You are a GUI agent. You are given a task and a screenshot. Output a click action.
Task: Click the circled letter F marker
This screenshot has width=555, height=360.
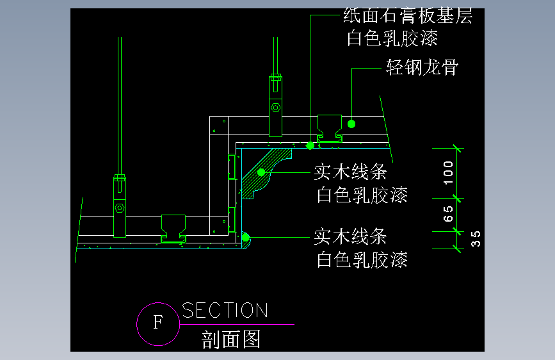point(157,322)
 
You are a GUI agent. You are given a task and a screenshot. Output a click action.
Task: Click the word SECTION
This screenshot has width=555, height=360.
point(225,311)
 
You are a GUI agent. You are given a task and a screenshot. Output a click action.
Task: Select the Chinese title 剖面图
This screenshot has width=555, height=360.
point(231,339)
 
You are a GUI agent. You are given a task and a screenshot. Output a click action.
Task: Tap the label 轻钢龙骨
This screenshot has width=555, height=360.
point(422,67)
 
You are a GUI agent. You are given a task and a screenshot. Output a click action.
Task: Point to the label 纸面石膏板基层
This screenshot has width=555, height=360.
point(408,16)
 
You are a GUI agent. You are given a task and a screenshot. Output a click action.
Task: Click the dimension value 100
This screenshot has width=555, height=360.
point(449,172)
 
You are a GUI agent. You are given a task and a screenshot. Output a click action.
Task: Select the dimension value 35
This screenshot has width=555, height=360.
point(475,239)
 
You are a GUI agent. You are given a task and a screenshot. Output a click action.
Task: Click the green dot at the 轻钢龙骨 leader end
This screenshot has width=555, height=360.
point(351,123)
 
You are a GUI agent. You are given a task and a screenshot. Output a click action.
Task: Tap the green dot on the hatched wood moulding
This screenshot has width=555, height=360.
point(261,172)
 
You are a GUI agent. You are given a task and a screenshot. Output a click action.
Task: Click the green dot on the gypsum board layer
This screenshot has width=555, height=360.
point(310,146)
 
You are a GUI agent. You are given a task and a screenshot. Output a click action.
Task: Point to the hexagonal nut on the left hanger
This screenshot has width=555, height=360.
point(120,208)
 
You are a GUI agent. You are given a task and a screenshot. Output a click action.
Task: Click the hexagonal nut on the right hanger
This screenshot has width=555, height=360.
point(275,108)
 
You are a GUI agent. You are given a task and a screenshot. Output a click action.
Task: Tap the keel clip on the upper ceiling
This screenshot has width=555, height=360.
point(330,128)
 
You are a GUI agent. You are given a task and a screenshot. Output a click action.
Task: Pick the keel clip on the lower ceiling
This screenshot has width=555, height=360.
point(174,229)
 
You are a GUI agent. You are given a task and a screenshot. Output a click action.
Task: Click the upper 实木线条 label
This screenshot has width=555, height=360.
point(350,172)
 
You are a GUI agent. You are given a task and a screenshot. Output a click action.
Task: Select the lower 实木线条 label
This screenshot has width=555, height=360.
point(350,236)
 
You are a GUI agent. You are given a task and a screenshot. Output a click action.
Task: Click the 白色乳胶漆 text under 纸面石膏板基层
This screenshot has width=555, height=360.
point(392,38)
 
